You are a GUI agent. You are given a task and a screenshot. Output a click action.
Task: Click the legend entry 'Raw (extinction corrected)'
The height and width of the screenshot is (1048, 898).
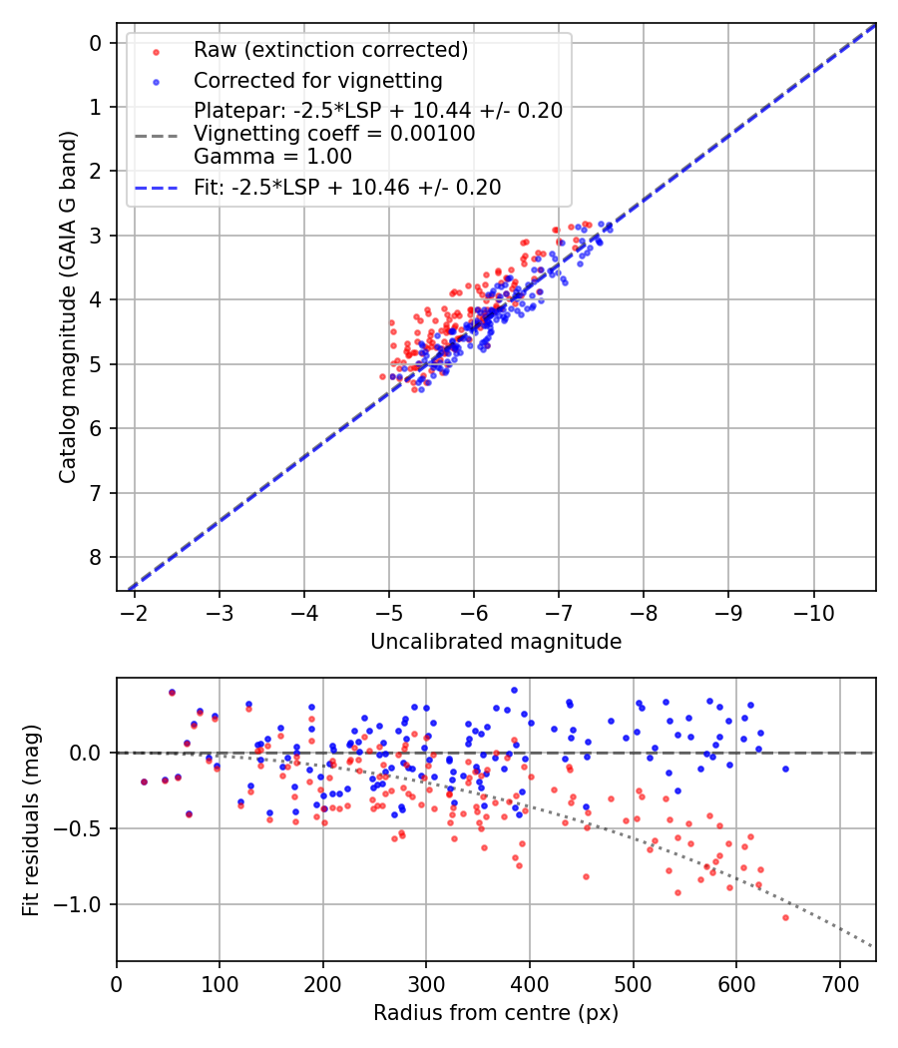[x=330, y=50]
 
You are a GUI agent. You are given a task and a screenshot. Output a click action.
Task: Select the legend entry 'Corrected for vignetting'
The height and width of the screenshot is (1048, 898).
[x=317, y=80]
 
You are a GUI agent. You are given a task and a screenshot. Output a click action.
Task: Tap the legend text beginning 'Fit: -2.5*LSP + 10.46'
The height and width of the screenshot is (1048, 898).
[x=347, y=187]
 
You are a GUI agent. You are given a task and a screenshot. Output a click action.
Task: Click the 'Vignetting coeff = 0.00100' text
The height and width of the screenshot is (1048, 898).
[x=334, y=134]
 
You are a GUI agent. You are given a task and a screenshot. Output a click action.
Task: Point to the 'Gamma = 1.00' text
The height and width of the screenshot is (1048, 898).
[x=272, y=157]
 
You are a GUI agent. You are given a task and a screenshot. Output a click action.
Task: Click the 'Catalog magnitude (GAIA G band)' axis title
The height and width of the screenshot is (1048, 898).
[x=67, y=306]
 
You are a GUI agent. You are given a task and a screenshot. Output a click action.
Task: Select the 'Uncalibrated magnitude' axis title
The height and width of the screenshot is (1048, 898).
[x=496, y=642]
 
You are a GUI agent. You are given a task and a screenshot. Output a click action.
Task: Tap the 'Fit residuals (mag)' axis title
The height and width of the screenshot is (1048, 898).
[x=31, y=818]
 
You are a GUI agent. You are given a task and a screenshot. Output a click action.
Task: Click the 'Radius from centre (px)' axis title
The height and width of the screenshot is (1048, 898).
[x=496, y=1013]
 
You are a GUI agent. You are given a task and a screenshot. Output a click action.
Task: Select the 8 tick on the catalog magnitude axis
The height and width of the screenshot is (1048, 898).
[x=96, y=557]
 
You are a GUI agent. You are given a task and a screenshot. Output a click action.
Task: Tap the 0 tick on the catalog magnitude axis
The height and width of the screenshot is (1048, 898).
[x=96, y=43]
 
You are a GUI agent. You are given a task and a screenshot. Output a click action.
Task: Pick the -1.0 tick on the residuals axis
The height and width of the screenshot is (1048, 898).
[x=82, y=904]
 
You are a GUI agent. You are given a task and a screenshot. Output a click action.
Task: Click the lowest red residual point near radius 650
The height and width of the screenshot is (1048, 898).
[x=785, y=917]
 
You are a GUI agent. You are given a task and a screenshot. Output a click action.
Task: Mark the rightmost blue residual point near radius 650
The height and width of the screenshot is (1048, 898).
[x=785, y=769]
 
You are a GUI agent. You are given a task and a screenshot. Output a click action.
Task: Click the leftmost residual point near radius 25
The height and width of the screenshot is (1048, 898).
[x=144, y=782]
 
